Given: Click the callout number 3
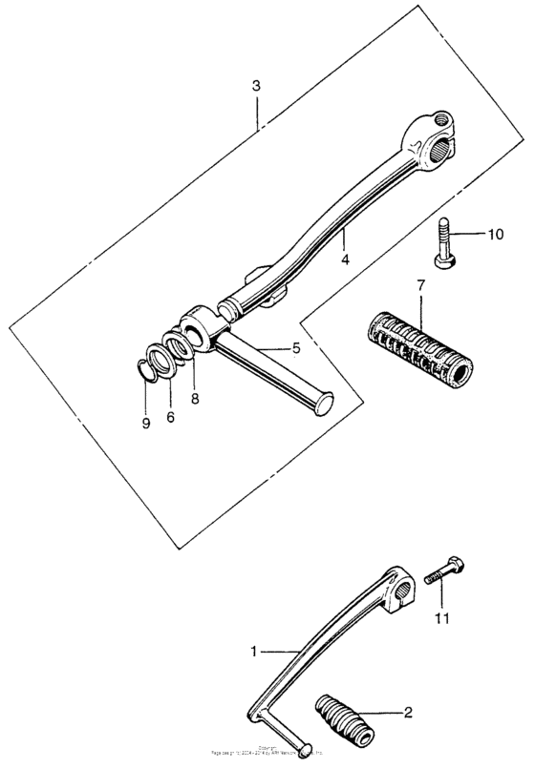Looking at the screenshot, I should click(x=256, y=86).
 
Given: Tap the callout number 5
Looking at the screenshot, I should click(x=296, y=349).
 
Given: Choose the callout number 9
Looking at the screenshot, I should click(x=146, y=423).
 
